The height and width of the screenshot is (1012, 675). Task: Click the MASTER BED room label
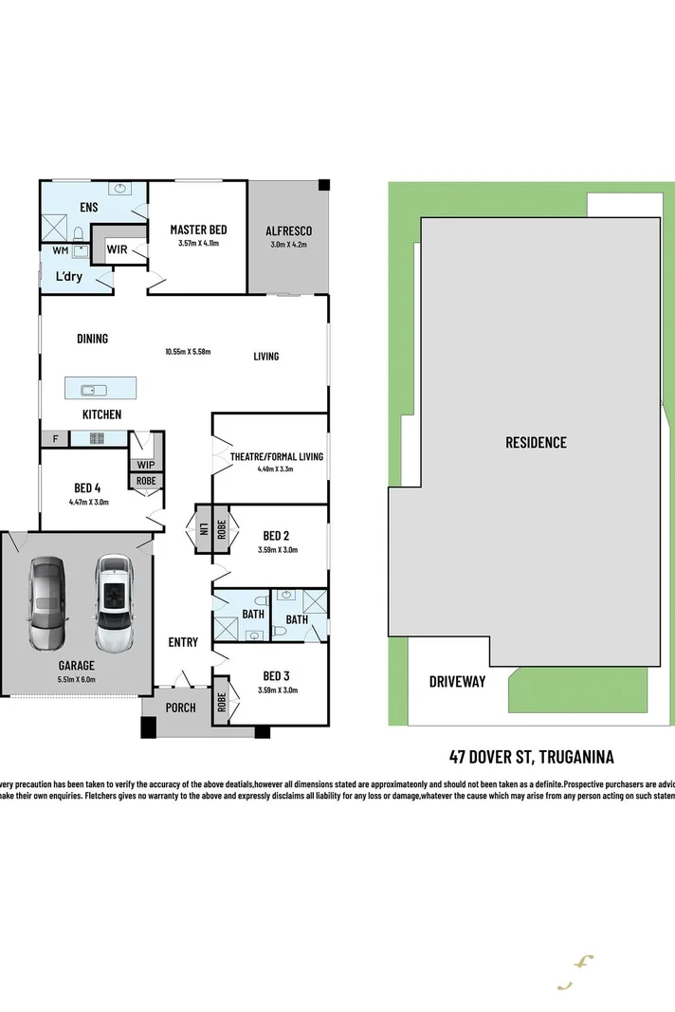pos(198,230)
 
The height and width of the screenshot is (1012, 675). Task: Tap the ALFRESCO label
pos(288,230)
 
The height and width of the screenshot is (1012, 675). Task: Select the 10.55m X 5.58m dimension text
pos(187,352)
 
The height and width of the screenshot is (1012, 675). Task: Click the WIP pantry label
pos(146,465)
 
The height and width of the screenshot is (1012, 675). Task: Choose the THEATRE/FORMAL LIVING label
pos(276,456)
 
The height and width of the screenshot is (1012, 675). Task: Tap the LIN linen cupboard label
pos(202,528)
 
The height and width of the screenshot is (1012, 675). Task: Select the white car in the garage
pos(113,603)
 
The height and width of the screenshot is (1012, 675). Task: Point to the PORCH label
pos(180,708)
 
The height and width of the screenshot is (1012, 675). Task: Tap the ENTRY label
pos(183,642)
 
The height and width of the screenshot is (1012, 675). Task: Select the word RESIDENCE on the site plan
pos(536,442)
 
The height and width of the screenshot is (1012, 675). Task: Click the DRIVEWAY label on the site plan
pos(457,681)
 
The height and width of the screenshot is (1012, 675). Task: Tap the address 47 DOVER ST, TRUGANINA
pos(531,756)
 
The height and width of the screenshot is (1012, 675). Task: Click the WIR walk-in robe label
pos(118,249)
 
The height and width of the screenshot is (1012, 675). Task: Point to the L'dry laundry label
pos(67,276)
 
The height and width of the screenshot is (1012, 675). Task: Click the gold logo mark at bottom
pos(575,972)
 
